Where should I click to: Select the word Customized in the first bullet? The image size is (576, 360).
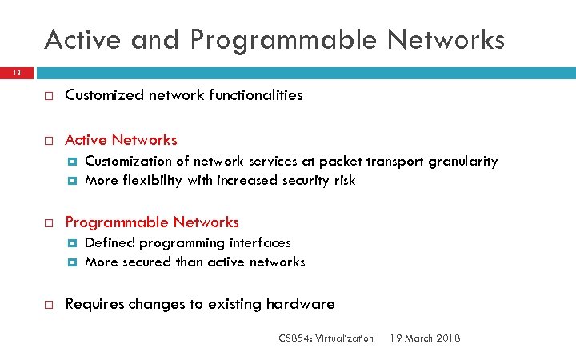(x=102, y=95)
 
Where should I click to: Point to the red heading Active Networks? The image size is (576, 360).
(x=121, y=140)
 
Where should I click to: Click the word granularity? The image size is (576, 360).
(x=463, y=162)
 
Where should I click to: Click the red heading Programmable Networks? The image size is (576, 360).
(x=152, y=222)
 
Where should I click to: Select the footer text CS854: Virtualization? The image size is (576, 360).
(x=326, y=338)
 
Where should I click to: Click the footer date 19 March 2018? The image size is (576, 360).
(x=425, y=338)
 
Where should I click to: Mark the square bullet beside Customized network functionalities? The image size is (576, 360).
(x=48, y=96)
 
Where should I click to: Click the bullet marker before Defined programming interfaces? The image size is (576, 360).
(x=73, y=243)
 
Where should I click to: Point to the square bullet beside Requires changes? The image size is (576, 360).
(x=48, y=305)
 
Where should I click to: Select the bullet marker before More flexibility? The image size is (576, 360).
(x=73, y=181)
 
